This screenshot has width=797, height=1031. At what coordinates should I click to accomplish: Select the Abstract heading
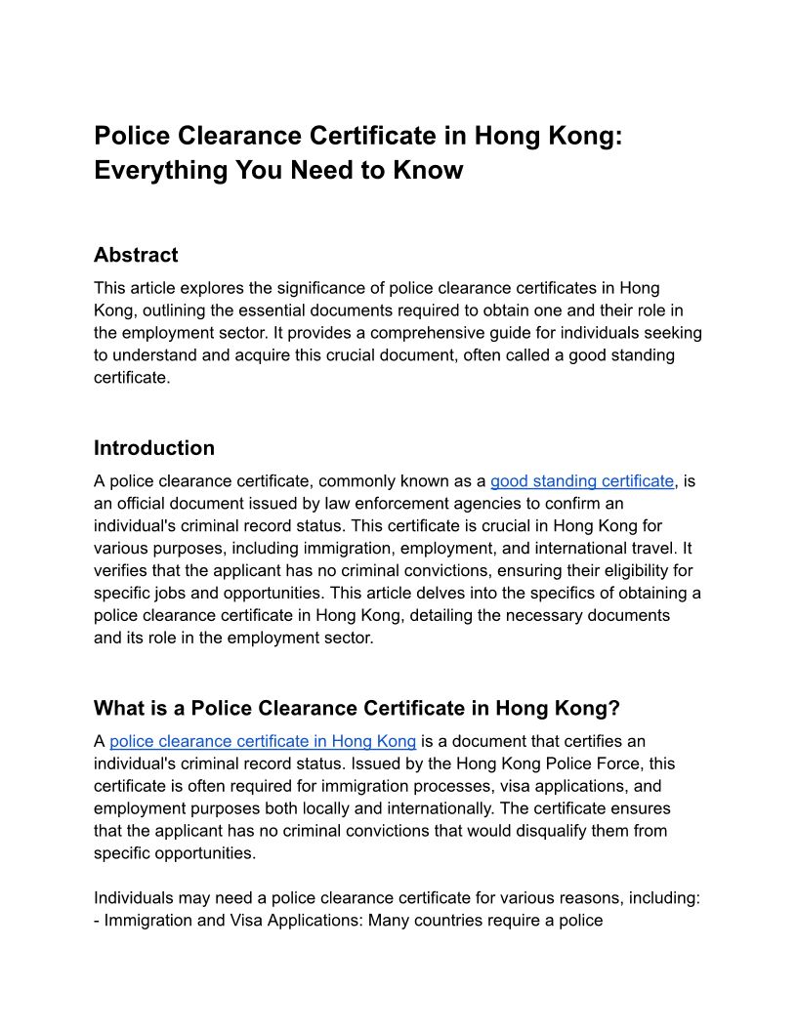(x=136, y=255)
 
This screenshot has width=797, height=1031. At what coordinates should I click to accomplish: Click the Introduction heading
(x=154, y=448)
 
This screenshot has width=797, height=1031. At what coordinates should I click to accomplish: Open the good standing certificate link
(x=582, y=480)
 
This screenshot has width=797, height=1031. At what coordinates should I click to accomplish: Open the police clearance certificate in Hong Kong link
(x=263, y=741)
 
